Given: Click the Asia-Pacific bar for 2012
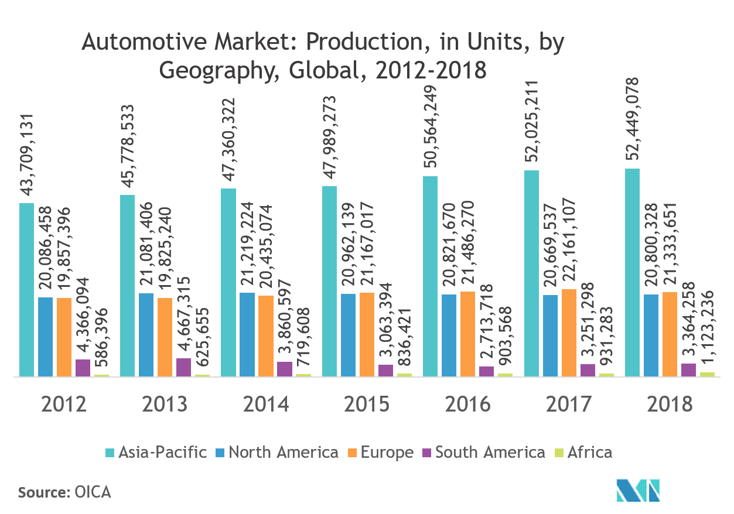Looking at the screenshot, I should pos(26,289).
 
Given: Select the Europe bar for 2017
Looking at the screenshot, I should pos(569,332).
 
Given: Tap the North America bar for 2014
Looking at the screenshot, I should pos(247,334).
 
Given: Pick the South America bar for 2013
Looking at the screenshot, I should pos(184,367).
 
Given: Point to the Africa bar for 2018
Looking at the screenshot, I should pos(707,373).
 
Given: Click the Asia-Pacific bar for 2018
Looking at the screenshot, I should pos(632,272).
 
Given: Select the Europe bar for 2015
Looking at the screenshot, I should pos(367,334).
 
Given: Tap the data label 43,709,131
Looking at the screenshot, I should pos(27,156).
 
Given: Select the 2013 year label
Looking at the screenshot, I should pos(165,404).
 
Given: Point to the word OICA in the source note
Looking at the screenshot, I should pos(93,492).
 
